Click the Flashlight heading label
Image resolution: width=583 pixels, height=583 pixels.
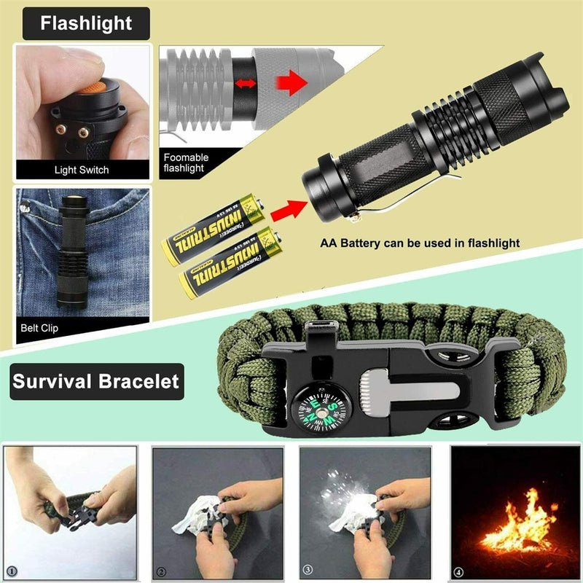pyautogui.click(x=86, y=23)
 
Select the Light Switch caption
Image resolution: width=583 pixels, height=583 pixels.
pyautogui.click(x=82, y=170)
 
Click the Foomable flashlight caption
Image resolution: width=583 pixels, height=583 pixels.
pyautogui.click(x=186, y=162)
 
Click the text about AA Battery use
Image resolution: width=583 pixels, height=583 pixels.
pyautogui.click(x=419, y=244)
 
